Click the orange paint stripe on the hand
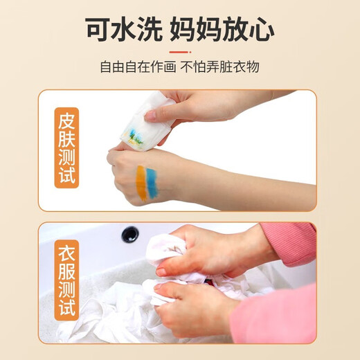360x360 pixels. click(x=141, y=183)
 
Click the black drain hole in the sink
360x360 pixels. click(x=130, y=234)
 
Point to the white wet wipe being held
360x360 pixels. click(x=148, y=120)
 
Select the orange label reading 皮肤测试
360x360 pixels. click(x=66, y=147)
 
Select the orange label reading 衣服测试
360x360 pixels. click(x=66, y=280)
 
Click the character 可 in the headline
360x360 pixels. click(x=98, y=29)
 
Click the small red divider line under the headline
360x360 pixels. click(x=180, y=52)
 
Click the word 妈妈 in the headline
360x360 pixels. click(x=196, y=29)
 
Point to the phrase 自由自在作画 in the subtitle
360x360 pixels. click(x=138, y=67)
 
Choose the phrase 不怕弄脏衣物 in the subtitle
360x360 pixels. click(x=219, y=67)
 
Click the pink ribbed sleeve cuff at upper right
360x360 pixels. click(x=291, y=244)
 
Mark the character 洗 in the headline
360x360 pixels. click(x=150, y=29)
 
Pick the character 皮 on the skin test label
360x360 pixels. click(x=66, y=120)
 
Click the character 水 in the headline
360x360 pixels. click(x=124, y=29)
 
